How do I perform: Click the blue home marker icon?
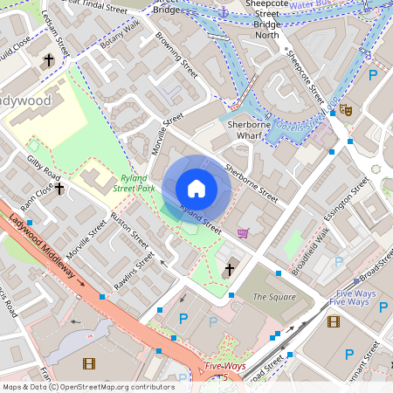click(196, 189)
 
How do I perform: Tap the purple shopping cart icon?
click(243, 233)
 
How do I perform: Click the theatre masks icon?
click(346, 111)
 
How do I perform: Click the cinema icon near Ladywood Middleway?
click(87, 362)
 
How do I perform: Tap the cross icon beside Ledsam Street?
click(49, 60)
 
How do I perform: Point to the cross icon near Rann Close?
click(59, 188)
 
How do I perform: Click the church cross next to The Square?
click(230, 271)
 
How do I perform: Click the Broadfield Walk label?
click(309, 252)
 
